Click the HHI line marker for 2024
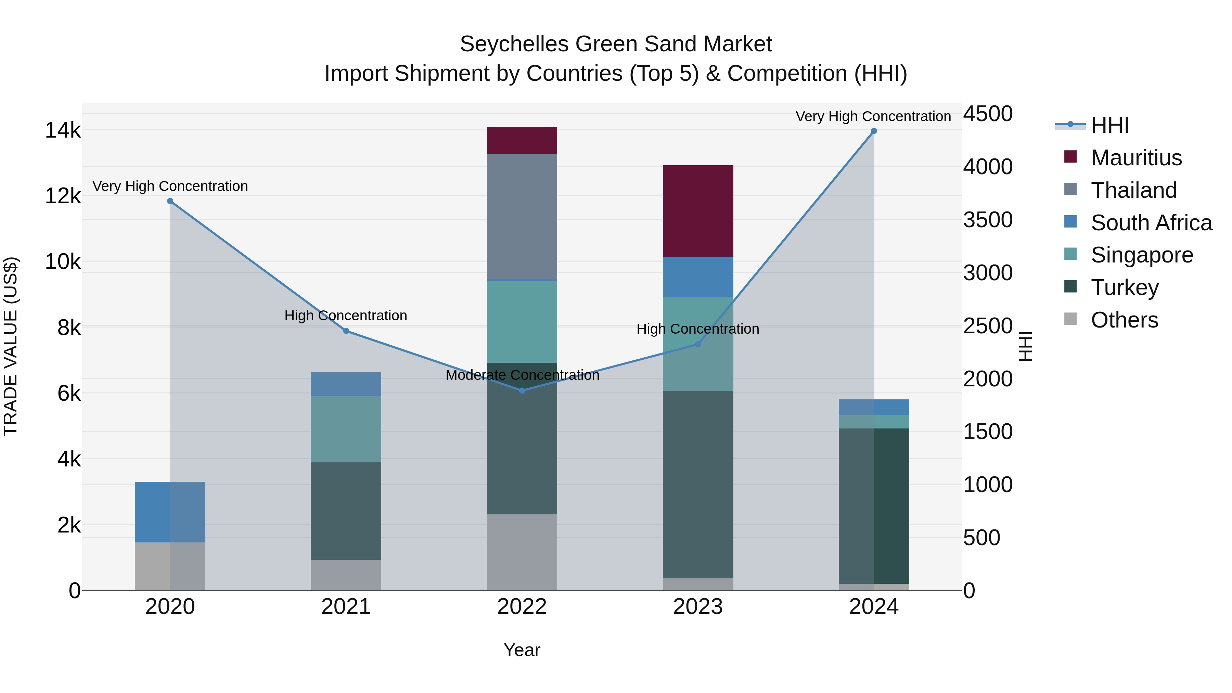873,131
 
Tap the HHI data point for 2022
522,391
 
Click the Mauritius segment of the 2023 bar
698,211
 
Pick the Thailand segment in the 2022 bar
522,216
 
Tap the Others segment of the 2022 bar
522,552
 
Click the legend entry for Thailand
1133,190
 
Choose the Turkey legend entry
1125,287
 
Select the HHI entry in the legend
1109,125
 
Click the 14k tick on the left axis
63,130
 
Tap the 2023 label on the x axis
698,607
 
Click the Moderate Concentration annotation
522,375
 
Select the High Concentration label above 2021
345,316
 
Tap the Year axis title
522,650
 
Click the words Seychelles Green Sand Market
616,44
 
